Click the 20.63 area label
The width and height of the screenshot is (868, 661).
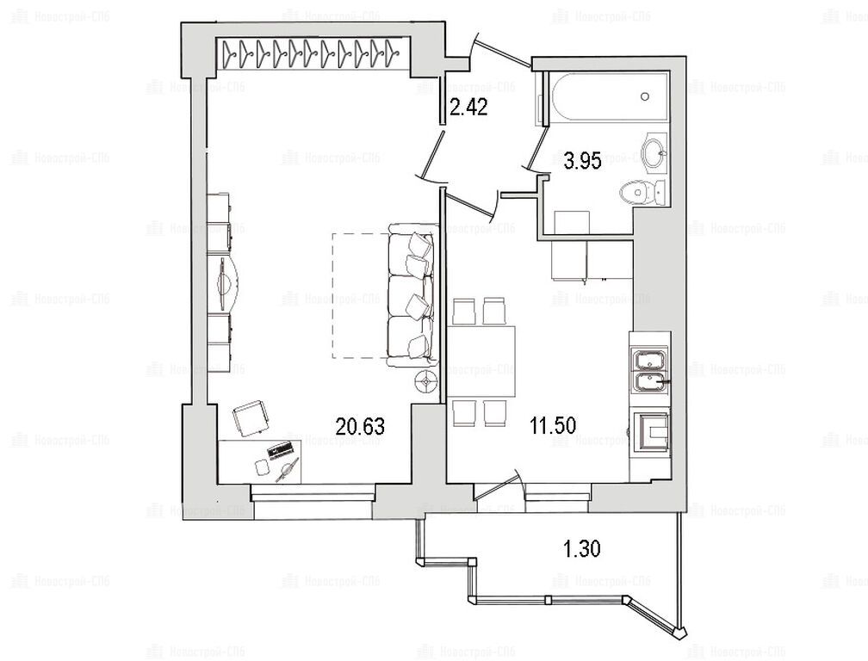(360, 427)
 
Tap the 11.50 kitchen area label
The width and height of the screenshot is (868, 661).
(553, 425)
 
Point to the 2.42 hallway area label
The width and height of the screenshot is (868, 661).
(468, 107)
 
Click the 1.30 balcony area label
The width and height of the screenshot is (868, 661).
(582, 549)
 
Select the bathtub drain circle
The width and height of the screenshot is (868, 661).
(645, 96)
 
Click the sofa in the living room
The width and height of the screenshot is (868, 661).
(411, 294)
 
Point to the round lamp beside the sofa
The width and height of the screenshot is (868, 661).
(427, 381)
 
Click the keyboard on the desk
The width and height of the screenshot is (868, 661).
(280, 449)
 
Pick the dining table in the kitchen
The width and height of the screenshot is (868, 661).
(481, 361)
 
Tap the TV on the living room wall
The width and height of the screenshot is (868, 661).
(224, 283)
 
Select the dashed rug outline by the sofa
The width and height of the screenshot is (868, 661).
(359, 295)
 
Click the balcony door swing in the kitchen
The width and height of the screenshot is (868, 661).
(499, 487)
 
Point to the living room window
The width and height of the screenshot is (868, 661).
(313, 493)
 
